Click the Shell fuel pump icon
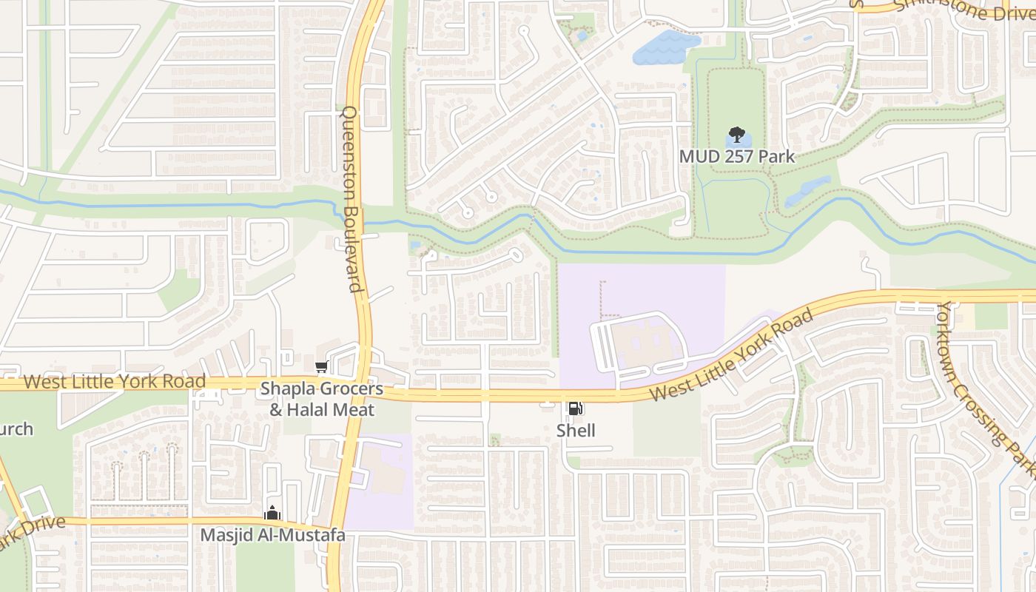coord(575,408)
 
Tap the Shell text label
coord(576,431)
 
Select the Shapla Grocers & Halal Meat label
coord(321,399)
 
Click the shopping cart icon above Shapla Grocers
coord(321,367)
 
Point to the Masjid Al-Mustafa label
coord(273,534)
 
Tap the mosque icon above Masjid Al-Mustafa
coord(272,512)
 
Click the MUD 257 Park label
coord(737,156)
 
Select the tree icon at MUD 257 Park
coord(736,135)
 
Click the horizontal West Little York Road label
coord(114,382)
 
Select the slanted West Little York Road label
coord(731,355)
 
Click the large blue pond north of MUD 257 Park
coord(665,47)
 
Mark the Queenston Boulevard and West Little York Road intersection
coord(363,383)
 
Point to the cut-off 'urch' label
coord(16,429)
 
